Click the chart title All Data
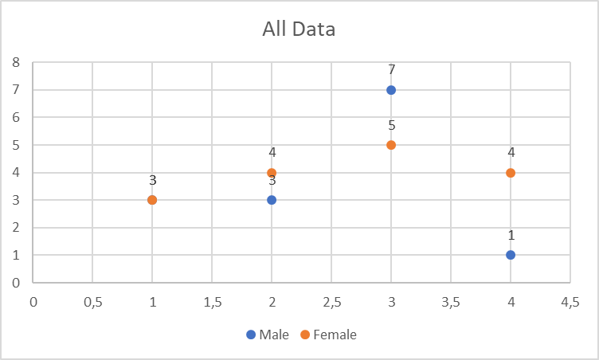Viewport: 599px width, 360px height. [299, 29]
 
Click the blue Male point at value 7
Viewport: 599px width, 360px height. [391, 90]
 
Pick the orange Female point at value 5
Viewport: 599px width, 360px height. [391, 145]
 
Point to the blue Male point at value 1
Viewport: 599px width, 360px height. [511, 255]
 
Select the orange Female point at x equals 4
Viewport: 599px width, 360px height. [511, 173]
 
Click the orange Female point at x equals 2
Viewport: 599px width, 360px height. [272, 173]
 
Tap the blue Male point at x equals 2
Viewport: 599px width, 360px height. [272, 200]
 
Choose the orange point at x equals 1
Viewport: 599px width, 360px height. [152, 200]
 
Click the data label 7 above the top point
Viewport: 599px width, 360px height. [391, 70]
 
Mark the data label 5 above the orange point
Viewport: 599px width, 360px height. [391, 125]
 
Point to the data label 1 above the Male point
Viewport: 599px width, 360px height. [511, 235]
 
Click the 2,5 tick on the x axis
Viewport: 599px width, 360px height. [331, 303]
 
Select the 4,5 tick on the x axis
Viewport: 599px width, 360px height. [570, 303]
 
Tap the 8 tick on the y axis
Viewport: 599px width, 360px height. [16, 62]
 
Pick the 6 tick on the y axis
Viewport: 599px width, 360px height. [16, 117]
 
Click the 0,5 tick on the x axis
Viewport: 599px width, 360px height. [92, 303]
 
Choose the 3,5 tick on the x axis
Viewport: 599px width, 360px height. [451, 303]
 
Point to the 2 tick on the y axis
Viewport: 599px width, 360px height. [16, 228]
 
